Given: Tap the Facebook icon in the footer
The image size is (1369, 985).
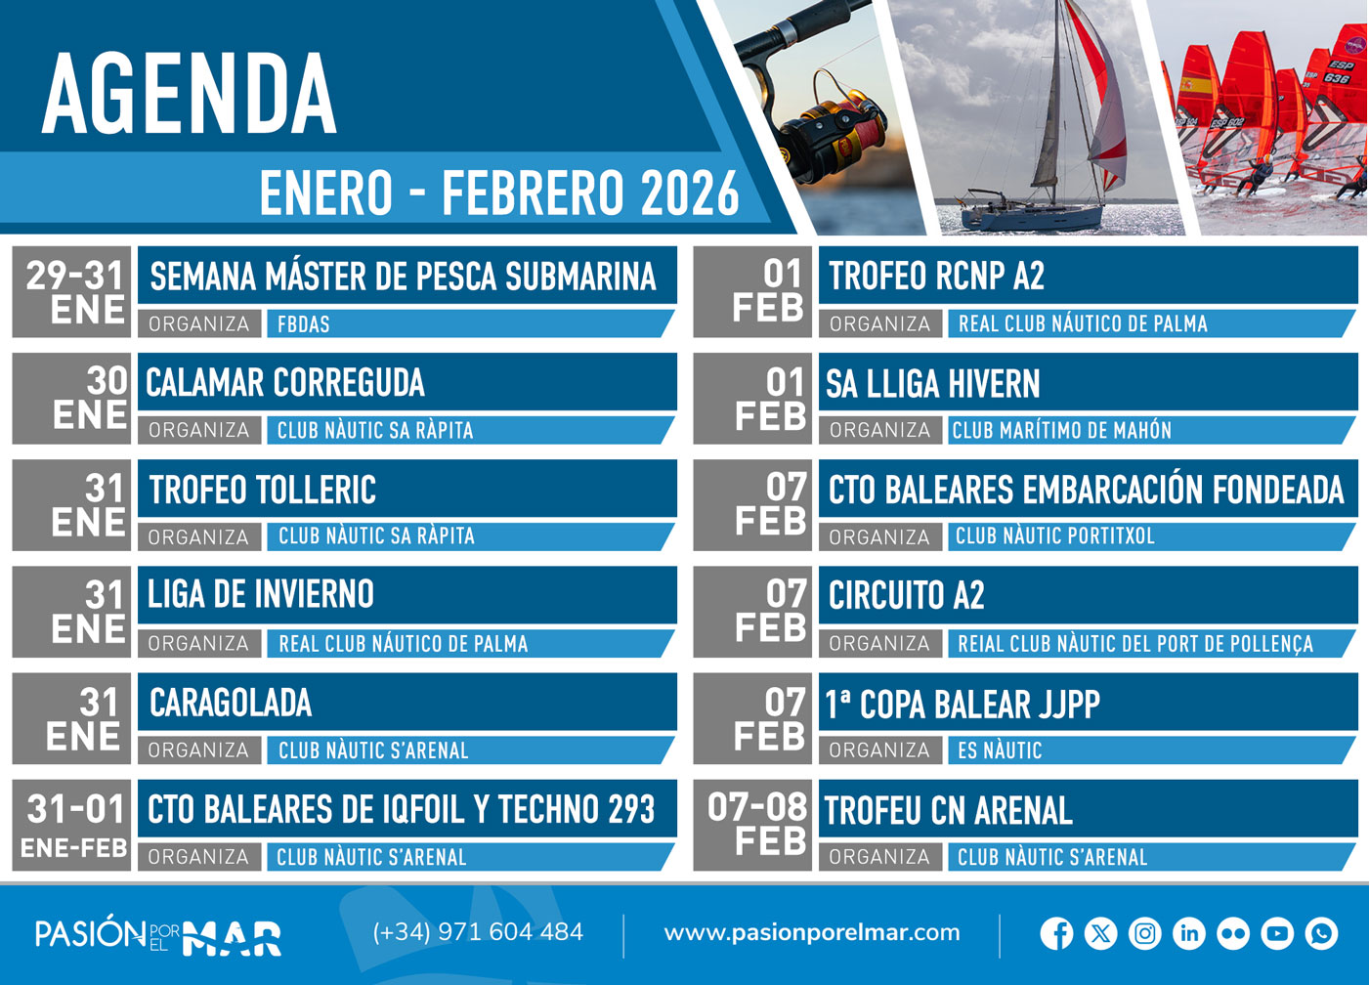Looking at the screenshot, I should [x=1056, y=933].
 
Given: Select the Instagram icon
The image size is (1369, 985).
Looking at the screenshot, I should [x=1144, y=933].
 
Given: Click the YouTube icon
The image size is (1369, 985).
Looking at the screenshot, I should [x=1276, y=933].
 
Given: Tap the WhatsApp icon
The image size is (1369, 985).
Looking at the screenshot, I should [x=1321, y=933].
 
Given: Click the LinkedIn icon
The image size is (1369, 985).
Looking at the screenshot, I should [x=1188, y=933].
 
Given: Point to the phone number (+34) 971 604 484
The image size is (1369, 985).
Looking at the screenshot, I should [x=478, y=932].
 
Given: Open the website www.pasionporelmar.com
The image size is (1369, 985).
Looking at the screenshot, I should [x=811, y=933].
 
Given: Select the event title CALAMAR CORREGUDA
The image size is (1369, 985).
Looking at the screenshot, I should [x=285, y=383].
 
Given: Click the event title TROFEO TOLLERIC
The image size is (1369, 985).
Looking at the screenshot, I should [x=262, y=490].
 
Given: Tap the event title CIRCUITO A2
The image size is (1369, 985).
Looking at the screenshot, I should [x=906, y=595].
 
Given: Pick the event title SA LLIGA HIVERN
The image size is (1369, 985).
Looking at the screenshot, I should [x=932, y=384].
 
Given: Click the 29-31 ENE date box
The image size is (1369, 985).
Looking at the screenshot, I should [x=74, y=291].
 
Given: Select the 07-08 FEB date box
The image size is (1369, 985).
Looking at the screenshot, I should [x=753, y=825].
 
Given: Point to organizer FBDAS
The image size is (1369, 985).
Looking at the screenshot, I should [x=304, y=324].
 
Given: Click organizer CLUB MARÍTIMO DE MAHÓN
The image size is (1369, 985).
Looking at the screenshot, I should [x=1061, y=430].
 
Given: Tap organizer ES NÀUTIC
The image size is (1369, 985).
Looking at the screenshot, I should [x=1000, y=750].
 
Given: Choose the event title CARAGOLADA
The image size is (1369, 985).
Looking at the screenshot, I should [x=231, y=703].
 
